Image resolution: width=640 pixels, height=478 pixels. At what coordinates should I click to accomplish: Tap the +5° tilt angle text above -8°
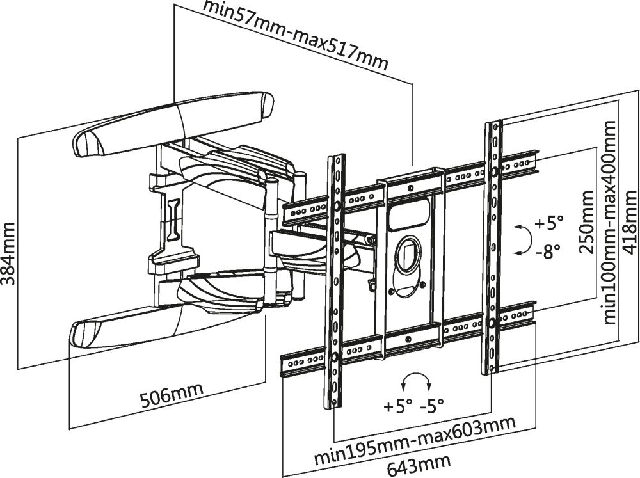click(x=549, y=223)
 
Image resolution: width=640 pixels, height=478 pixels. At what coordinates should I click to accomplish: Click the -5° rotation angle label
click(x=431, y=406)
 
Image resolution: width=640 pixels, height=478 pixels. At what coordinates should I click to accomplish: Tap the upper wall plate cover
click(x=173, y=125)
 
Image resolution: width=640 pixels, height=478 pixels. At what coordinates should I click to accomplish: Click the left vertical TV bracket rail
click(x=335, y=282)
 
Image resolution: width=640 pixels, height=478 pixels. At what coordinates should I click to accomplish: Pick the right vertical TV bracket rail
click(x=493, y=246)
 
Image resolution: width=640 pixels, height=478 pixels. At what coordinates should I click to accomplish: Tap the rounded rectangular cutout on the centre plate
click(x=407, y=215)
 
